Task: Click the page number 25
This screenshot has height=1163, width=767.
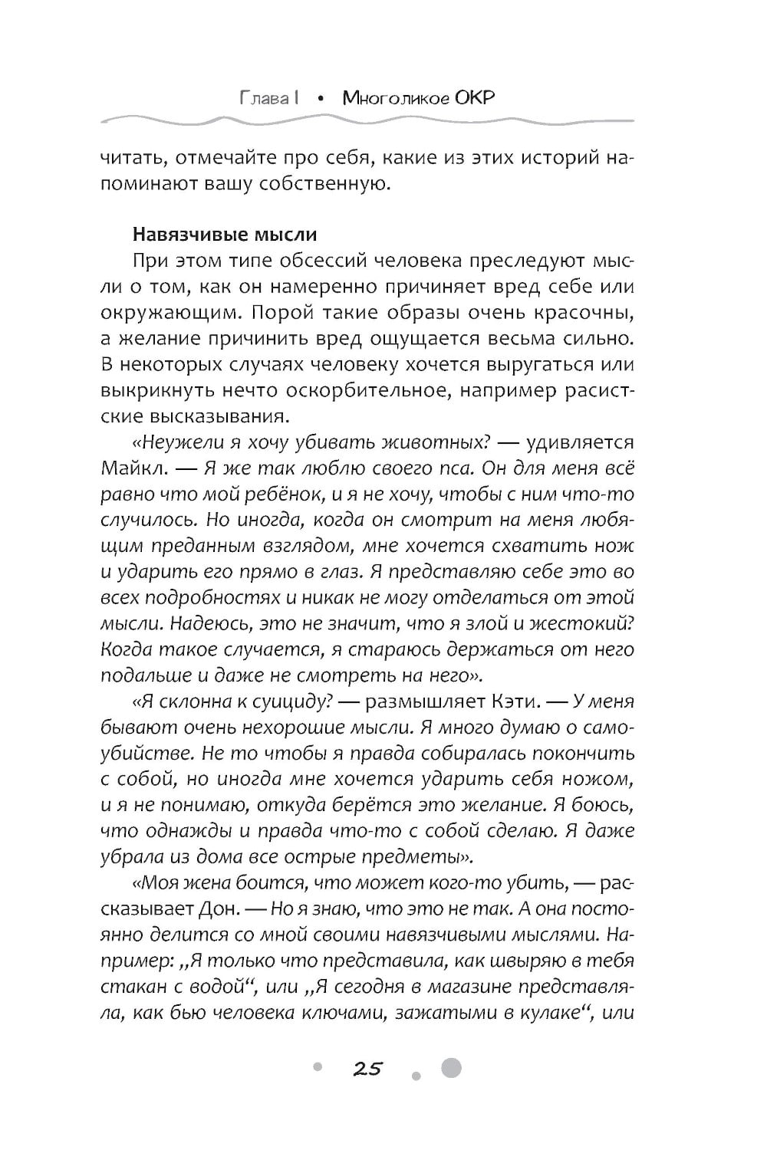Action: [x=367, y=1068]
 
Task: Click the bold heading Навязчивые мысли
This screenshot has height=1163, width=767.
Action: [x=224, y=234]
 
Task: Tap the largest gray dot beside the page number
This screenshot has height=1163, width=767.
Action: [x=452, y=1067]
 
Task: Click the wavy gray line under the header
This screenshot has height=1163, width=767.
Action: [x=368, y=120]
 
